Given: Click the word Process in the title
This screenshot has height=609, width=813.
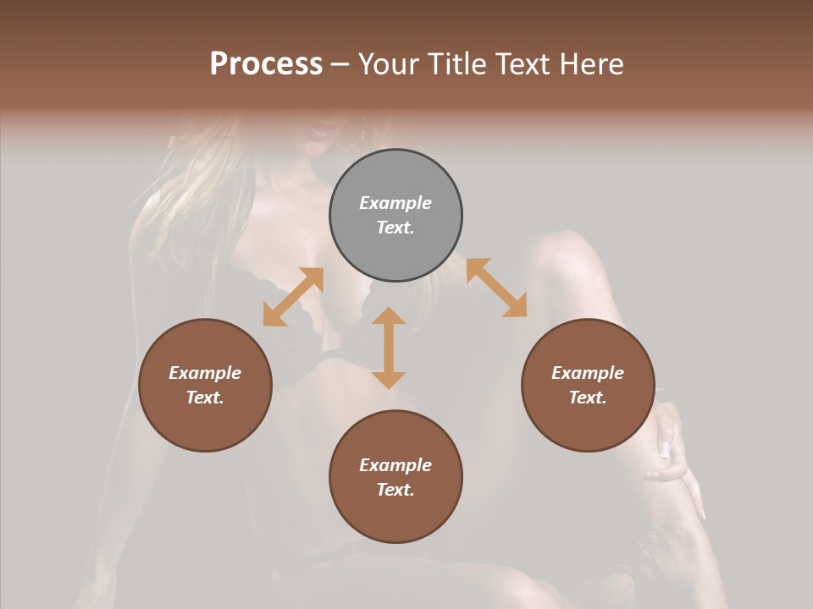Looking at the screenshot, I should coord(266,64).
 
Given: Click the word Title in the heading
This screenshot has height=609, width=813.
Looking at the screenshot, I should coord(456,64).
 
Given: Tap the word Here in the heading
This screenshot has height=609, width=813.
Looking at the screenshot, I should coord(589,64).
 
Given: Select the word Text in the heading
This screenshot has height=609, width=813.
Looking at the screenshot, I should coord(522,64).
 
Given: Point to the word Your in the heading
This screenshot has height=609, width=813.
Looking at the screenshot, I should coord(390,64).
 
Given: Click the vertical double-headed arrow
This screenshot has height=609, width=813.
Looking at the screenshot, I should coord(389,348).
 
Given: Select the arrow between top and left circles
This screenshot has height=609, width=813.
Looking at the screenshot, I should coord(293,297).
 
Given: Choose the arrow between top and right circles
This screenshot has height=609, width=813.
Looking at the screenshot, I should coord(496,288).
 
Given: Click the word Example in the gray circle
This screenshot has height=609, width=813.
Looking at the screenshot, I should coord(395,203).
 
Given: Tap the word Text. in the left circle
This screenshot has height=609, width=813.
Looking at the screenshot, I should coord(205,398).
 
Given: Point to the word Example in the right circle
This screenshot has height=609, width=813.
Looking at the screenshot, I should coord(588,373).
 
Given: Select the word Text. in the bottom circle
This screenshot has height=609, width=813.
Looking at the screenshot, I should coord(395,490).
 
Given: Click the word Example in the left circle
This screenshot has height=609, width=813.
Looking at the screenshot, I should coord(205,373).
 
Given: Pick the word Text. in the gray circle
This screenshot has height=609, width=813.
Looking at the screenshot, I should coord(395,228).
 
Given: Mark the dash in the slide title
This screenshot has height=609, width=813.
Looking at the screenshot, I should coord(340,64).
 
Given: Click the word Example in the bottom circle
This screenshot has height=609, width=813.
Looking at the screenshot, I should coord(395,465).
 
